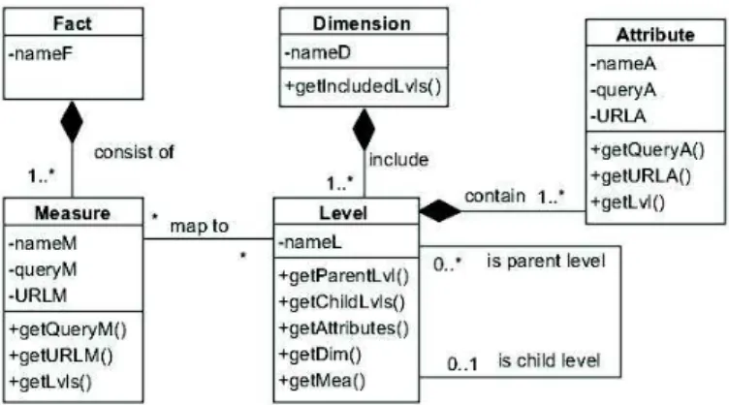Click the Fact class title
(73, 22)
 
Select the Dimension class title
(362, 23)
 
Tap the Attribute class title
(655, 34)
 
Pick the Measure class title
(73, 213)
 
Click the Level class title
(343, 213)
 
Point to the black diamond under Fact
(72, 122)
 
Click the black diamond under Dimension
(364, 129)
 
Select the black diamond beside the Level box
(440, 211)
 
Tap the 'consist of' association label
(134, 152)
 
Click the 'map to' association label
(200, 226)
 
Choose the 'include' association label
(398, 159)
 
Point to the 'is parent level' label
(547, 261)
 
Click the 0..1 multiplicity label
(462, 363)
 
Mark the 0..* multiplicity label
(448, 264)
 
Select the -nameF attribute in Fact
(40, 54)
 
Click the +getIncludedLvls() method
(364, 86)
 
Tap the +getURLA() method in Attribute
(641, 176)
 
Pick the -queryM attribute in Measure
(43, 270)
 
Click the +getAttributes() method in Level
(343, 328)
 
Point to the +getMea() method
(322, 381)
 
